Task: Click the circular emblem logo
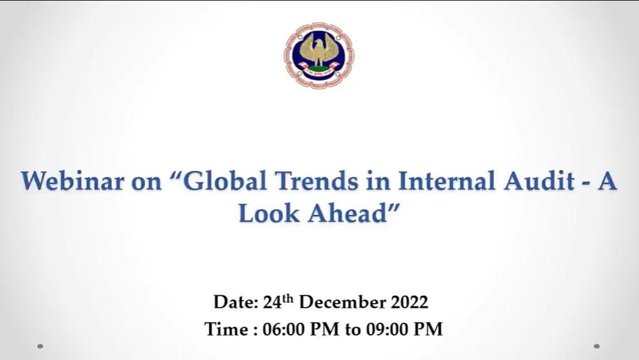pyautogui.click(x=319, y=55)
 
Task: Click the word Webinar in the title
pyautogui.click(x=72, y=181)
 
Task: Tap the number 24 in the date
pyautogui.click(x=273, y=303)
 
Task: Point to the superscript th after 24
pyautogui.click(x=288, y=298)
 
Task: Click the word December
pyautogui.click(x=342, y=303)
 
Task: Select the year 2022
pyautogui.click(x=410, y=303)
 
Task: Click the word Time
pyautogui.click(x=227, y=329)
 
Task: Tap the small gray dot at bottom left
pyautogui.click(x=40, y=346)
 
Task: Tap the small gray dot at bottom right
pyautogui.click(x=597, y=346)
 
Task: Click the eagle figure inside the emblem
pyautogui.click(x=319, y=50)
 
